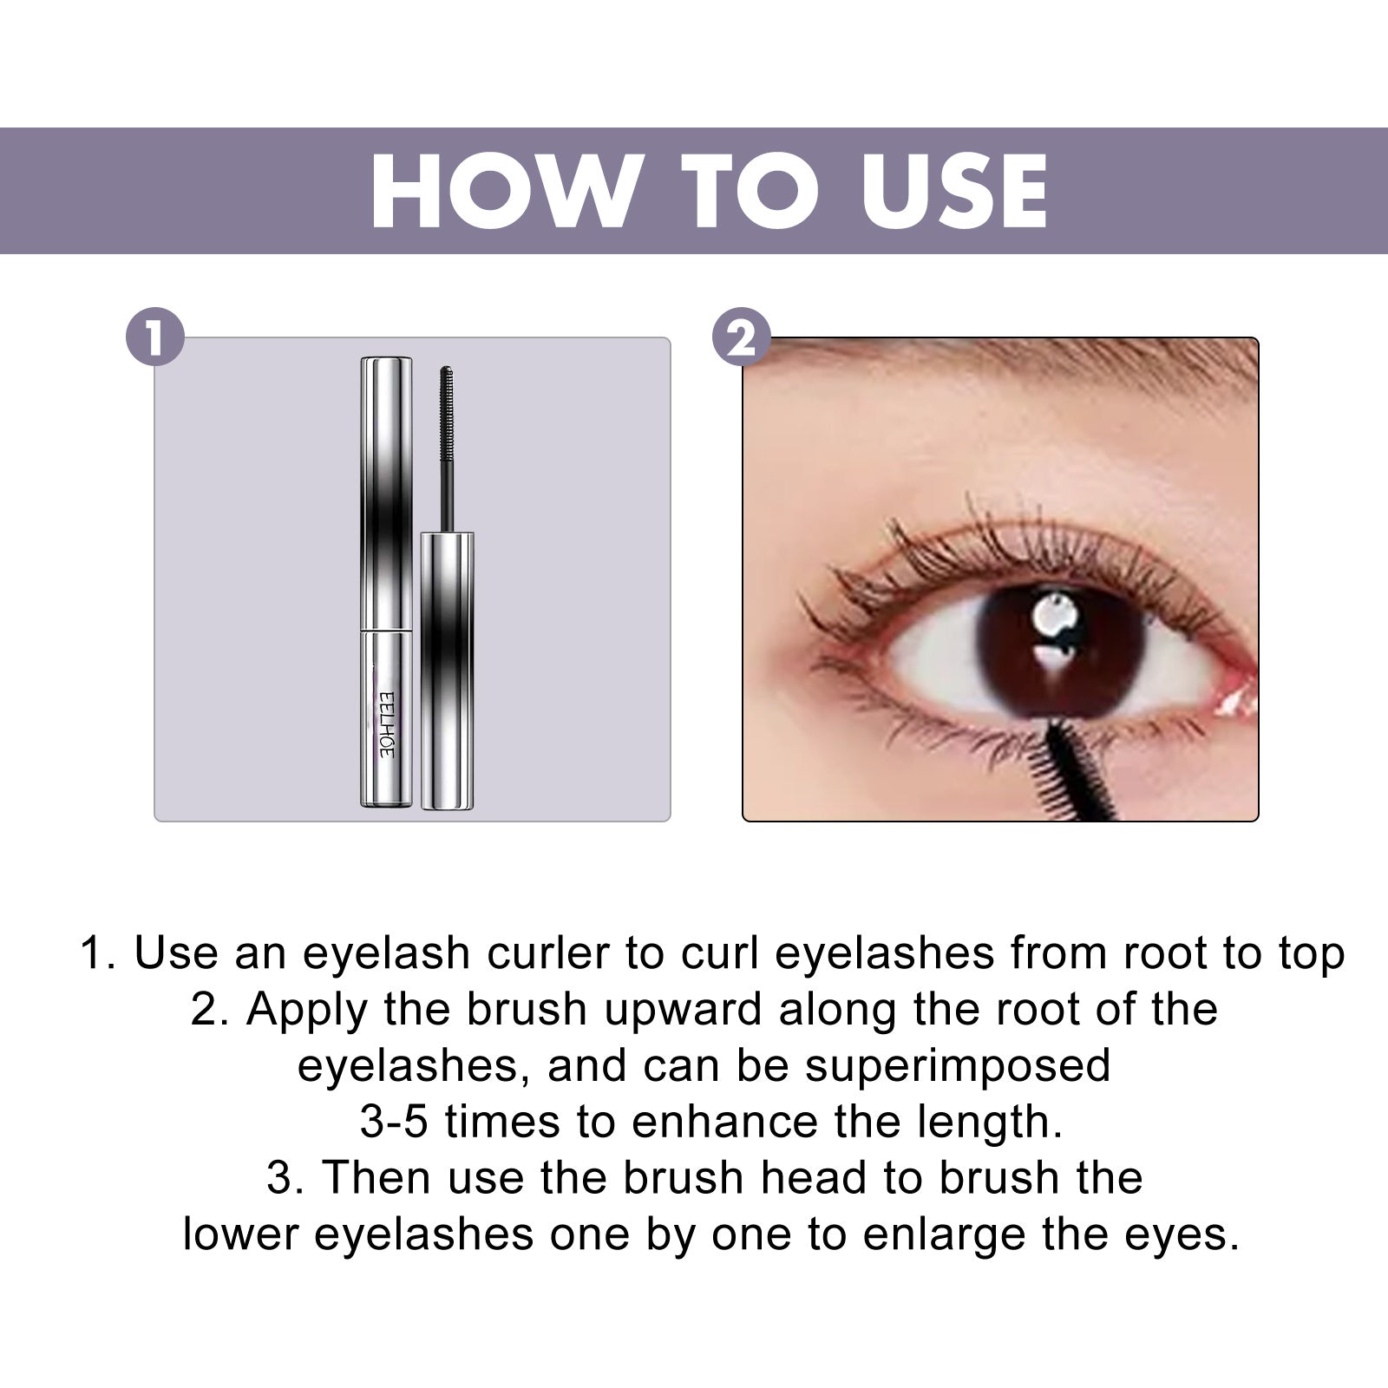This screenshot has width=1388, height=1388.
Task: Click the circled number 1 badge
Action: point(155,337)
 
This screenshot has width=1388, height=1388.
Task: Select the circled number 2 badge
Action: point(741,337)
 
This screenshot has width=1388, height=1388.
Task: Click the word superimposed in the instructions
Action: point(958,1066)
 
